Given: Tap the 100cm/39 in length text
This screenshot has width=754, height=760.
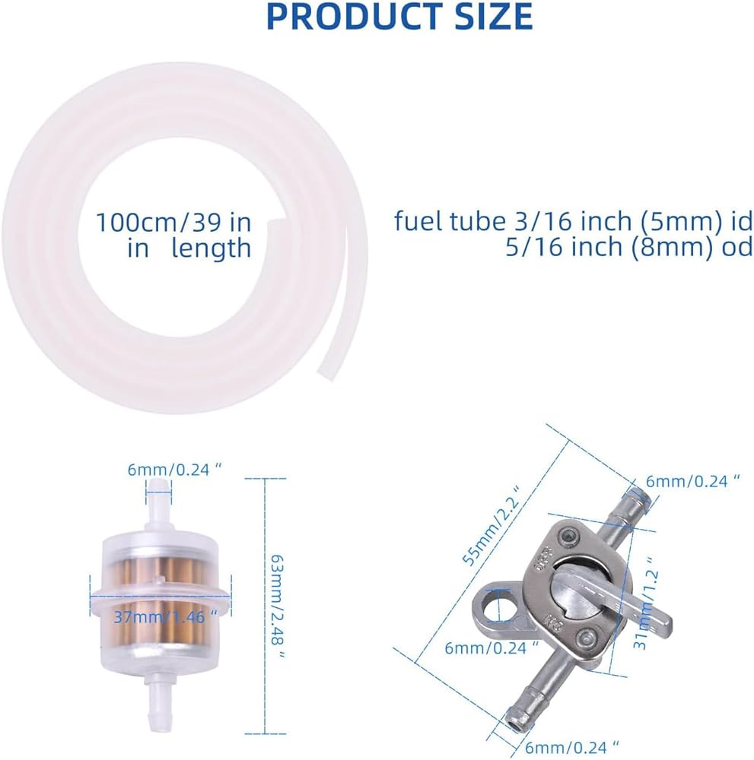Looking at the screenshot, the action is (x=173, y=235).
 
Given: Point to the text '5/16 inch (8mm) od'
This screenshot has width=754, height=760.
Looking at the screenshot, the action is (x=629, y=247).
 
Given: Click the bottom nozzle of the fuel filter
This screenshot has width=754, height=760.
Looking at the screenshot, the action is (x=159, y=698).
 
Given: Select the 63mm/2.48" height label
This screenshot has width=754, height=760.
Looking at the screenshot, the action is (x=278, y=606).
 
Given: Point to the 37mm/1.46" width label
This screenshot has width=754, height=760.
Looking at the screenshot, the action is (x=165, y=616).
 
